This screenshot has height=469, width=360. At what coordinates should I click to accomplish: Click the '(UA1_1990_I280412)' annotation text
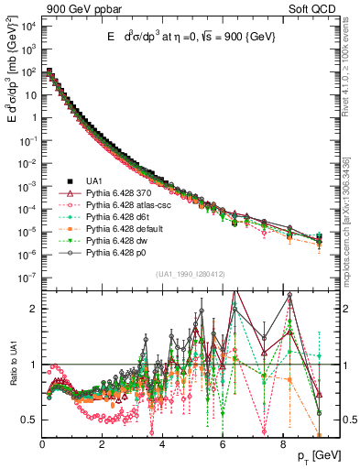[189, 273]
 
